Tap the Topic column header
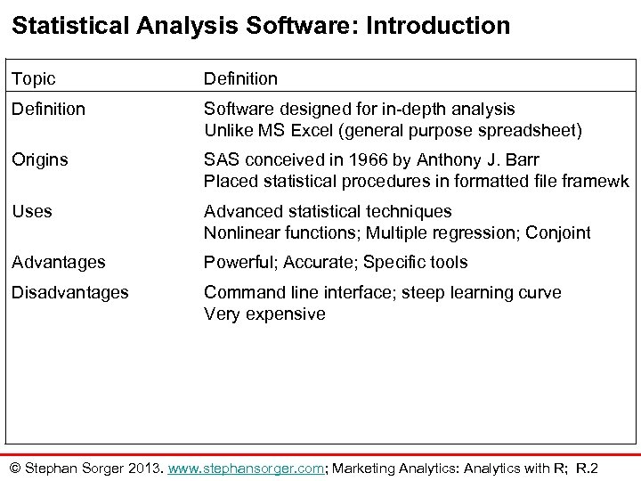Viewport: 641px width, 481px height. coord(33,79)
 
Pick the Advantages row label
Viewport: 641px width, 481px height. coord(59,262)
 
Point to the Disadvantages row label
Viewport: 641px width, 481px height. coord(70,292)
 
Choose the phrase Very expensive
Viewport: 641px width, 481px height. coord(264,314)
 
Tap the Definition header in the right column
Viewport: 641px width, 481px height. coord(240,79)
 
